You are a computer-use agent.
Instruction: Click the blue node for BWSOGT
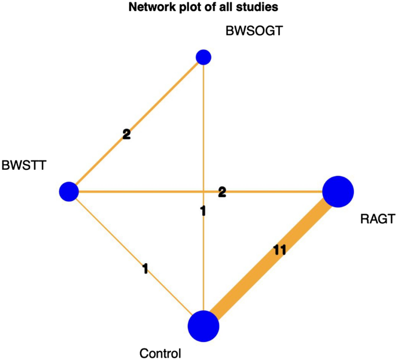coord(203,57)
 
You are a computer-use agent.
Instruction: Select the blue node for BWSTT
coord(69,191)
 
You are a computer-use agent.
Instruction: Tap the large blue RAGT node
coord(338,191)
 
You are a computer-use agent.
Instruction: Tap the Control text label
coord(161,353)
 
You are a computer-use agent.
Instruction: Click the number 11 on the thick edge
coord(279,250)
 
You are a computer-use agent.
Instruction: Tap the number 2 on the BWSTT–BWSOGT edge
coord(126,134)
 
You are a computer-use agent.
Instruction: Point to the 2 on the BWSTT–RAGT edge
coord(222,191)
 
